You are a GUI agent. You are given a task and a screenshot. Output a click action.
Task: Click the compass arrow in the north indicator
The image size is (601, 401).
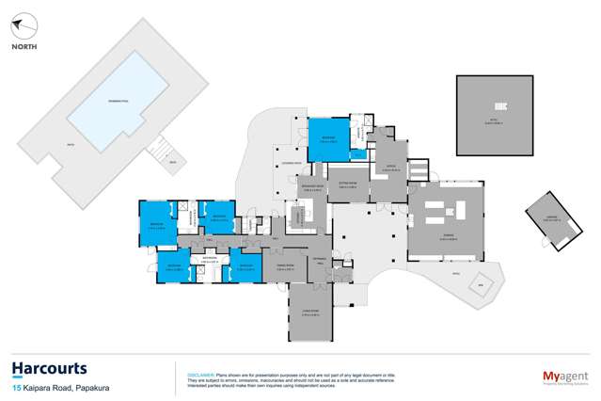(x=26, y=25)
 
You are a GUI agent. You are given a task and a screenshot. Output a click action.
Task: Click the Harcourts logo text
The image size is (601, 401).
(x=50, y=369)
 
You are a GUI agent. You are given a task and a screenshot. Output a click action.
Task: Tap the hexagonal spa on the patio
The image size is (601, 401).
(x=480, y=283)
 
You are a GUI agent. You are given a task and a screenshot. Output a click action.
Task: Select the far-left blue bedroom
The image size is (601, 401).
(x=158, y=223)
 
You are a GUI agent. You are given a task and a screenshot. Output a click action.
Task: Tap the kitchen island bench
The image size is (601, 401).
(x=296, y=217)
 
